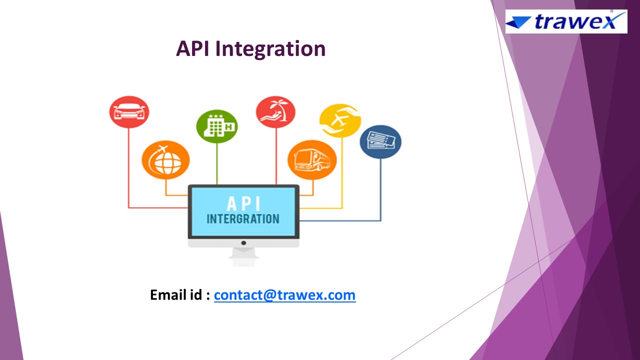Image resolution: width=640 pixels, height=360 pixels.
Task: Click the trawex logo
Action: tap(566, 21)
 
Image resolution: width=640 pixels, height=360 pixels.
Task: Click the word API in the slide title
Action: tap(193, 49)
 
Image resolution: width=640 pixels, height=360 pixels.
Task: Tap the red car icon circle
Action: tap(129, 112)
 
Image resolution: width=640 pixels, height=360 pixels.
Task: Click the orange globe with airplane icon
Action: tap(165, 160)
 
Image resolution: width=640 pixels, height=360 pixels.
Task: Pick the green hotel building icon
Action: tap(216, 126)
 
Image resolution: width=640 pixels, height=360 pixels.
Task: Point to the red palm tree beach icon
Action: tap(275, 112)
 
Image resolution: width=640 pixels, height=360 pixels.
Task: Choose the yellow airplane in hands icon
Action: tap(340, 120)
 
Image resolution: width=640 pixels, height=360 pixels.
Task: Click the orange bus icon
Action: tap(312, 160)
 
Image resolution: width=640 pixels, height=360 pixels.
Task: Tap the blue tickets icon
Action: tap(380, 141)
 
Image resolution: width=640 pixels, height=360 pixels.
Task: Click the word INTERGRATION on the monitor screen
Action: tap(243, 219)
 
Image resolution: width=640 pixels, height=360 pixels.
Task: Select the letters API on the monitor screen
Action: tap(243, 203)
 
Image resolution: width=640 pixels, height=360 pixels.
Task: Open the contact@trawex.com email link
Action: tap(284, 295)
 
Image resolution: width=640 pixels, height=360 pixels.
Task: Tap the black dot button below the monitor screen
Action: tap(243, 242)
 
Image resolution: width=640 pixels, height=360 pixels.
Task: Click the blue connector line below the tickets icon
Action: tap(380, 190)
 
